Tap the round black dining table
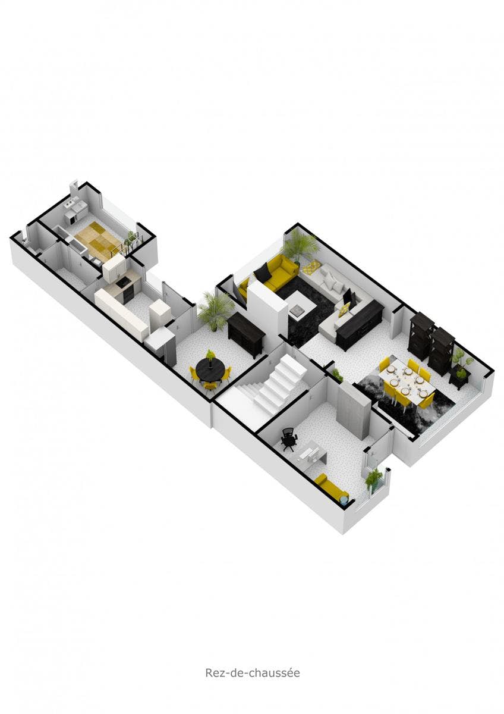tap(210, 370)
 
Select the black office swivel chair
tap(289, 440)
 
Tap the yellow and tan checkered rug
tap(97, 237)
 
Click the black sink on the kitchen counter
tap(122, 282)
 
